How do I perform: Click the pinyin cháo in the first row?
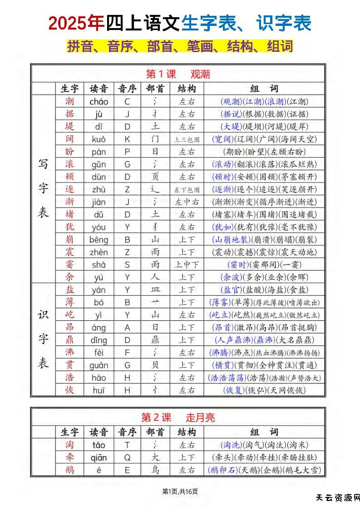coord(99,102)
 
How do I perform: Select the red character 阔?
coord(69,139)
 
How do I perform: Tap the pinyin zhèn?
coord(99,252)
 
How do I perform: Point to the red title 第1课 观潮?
coord(178,74)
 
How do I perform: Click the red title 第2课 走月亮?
coord(178,417)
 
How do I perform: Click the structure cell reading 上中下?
coord(187,265)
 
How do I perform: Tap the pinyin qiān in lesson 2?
coord(99,458)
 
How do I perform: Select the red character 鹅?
coord(69,470)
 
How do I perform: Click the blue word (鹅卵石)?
coord(223,470)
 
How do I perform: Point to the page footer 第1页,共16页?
coord(180,491)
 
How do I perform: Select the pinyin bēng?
coord(99,240)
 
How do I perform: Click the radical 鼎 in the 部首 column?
coord(156,340)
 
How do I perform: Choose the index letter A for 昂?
coord(127,328)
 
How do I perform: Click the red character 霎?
coord(69,265)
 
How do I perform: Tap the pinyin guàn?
coord(99,365)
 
